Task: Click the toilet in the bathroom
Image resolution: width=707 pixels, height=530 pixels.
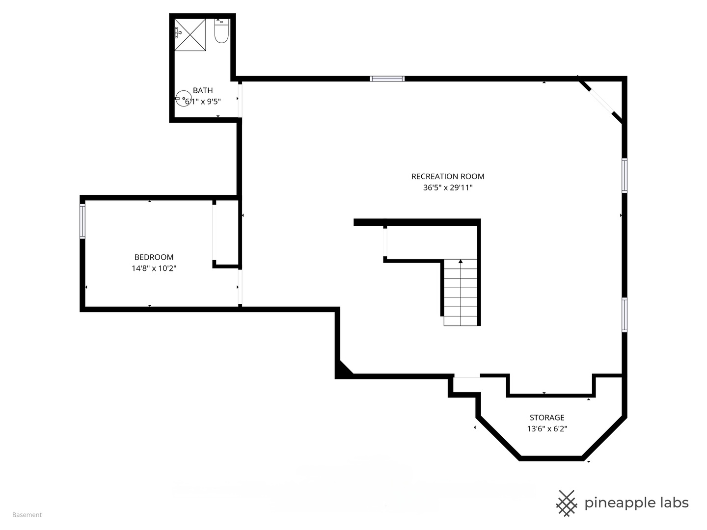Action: [x=221, y=30]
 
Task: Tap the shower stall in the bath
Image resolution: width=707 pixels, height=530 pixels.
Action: [x=190, y=34]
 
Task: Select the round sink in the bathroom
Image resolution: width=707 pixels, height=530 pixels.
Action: [x=183, y=99]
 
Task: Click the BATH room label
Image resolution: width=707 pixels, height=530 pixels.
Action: [x=203, y=90]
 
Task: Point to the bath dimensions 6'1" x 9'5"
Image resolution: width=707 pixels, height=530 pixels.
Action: [x=203, y=102]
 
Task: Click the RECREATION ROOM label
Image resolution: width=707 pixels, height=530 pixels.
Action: [x=448, y=176]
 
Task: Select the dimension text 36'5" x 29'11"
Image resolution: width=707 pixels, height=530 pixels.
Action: [x=448, y=187]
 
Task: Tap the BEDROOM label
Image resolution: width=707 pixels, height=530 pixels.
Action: [x=154, y=257]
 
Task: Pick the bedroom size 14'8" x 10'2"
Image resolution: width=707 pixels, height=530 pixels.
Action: [x=154, y=268]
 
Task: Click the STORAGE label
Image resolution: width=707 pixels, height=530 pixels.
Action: [x=547, y=417]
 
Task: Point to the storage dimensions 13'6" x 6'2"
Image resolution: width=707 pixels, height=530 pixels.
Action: [x=547, y=428]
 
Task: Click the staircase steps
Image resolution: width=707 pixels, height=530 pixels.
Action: [x=460, y=292]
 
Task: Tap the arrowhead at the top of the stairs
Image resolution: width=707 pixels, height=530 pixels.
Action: [x=461, y=261]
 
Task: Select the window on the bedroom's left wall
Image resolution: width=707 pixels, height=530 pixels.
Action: [x=82, y=221]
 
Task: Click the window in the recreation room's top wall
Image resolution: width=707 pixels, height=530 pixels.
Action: [x=387, y=79]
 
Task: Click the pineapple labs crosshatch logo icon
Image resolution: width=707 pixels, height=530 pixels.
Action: [x=567, y=503]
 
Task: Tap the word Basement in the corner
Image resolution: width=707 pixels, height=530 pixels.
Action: [x=27, y=515]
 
